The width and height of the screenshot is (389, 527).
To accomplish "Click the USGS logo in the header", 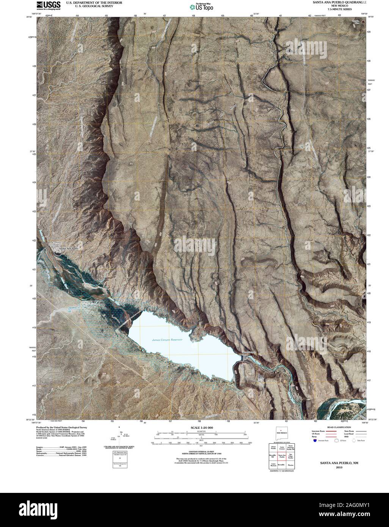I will click(48, 5).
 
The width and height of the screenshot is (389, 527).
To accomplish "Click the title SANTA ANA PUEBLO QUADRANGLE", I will click(339, 2).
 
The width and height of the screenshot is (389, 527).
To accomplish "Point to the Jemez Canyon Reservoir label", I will click(167, 340).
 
